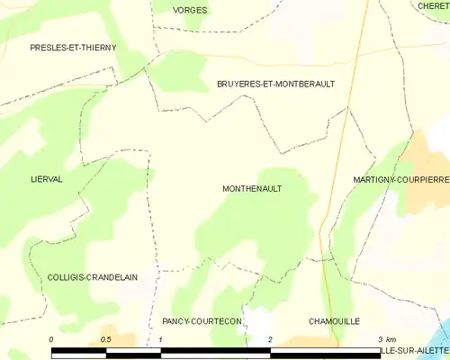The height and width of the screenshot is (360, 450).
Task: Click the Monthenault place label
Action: (251, 189)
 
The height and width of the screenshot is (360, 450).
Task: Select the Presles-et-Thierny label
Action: (73, 47)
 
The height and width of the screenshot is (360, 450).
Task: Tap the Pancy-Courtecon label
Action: (202, 321)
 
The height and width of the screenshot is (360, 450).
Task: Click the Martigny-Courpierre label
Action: (401, 180)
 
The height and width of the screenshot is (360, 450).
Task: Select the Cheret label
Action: (433, 5)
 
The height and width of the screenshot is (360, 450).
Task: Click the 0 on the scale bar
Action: (52, 338)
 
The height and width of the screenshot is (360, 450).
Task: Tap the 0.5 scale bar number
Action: (105, 338)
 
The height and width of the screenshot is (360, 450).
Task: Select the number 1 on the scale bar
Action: (160, 338)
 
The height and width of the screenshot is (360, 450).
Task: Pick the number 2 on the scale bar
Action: (270, 338)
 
